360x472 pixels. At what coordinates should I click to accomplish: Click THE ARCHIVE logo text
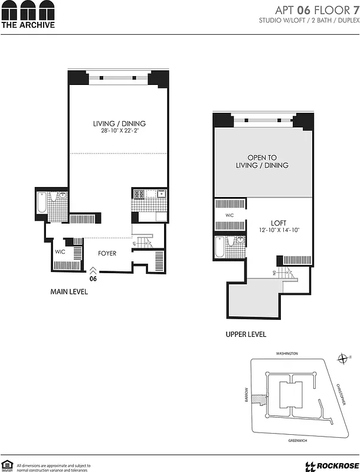[x=28, y=25]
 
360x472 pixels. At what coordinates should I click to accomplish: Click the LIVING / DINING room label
[x=119, y=123]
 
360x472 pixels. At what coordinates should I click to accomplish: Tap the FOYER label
[x=107, y=254]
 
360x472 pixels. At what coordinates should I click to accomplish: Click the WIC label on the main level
[x=60, y=252]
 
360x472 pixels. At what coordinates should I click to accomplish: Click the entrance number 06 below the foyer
[x=93, y=278]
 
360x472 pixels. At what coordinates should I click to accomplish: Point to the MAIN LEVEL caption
[x=68, y=291]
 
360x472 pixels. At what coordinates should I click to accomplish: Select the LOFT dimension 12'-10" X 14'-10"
[x=279, y=230]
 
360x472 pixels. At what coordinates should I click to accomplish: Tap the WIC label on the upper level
[x=230, y=215]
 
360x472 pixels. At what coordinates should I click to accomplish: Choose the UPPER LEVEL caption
[x=246, y=334]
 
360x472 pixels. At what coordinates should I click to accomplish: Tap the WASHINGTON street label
[x=287, y=353]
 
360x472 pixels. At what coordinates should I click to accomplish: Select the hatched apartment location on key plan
[x=257, y=399]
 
